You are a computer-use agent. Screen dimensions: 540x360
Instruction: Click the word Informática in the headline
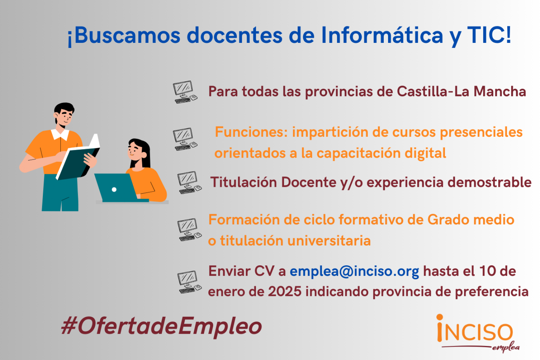click(382, 35)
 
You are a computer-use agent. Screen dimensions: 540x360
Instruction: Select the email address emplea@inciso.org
click(354, 271)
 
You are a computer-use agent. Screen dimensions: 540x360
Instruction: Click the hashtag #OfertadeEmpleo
click(161, 326)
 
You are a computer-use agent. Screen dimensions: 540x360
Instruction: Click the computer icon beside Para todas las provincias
click(185, 92)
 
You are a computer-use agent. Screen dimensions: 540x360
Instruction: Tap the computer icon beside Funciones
click(185, 139)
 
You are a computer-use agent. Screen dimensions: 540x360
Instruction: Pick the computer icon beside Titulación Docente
click(189, 183)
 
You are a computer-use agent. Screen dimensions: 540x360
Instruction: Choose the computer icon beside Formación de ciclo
click(189, 230)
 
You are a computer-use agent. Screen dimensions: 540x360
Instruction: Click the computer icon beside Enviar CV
click(189, 282)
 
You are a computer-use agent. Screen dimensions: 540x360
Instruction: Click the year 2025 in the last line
click(285, 292)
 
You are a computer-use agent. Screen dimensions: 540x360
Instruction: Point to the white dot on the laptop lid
click(114, 189)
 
